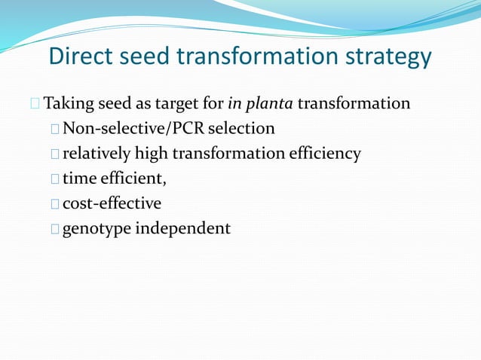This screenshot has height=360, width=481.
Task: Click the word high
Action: [x=152, y=154]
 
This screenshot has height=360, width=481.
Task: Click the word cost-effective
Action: [x=112, y=203]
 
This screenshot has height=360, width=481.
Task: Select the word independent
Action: [x=182, y=227]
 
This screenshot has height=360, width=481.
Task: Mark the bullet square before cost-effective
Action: [x=56, y=204]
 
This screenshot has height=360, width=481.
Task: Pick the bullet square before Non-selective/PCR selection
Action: [x=56, y=130]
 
